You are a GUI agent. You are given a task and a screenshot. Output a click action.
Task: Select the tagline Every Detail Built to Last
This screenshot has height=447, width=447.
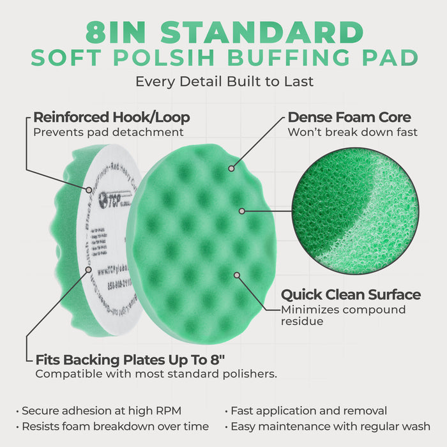tap(223, 82)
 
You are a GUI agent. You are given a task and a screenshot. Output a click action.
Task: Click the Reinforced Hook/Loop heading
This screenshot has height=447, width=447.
tap(112, 117)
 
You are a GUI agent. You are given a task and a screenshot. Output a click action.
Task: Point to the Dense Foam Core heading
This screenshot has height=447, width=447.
tap(349, 117)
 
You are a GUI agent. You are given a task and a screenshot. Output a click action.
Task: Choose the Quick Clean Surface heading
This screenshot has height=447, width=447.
tap(351, 295)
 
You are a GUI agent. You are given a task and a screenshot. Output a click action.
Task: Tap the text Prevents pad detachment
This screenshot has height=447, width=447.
tap(109, 132)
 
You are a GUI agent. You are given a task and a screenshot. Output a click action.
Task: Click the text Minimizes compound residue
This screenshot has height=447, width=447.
tap(343, 315)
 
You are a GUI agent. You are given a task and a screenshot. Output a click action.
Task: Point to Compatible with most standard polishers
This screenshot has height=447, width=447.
tap(156, 374)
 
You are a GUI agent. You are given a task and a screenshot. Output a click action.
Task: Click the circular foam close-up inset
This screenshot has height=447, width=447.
tap(356, 208)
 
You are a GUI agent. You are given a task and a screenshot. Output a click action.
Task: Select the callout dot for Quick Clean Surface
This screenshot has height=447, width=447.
tap(237, 275)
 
